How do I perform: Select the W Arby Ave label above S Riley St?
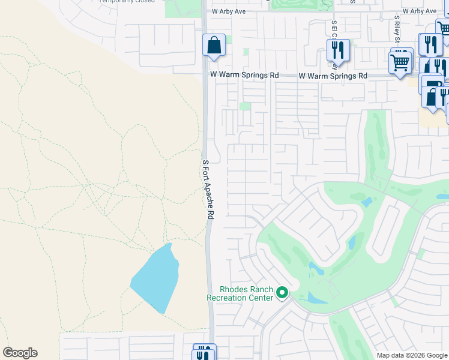coord(420,11)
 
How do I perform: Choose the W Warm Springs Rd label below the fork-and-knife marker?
coord(333,76)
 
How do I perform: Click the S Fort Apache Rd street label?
coord(208,190)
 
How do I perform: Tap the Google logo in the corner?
coord(20,353)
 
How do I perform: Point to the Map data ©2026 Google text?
coord(412,355)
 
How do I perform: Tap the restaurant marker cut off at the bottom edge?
coord(204,353)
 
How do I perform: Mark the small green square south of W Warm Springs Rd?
coord(245,106)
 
